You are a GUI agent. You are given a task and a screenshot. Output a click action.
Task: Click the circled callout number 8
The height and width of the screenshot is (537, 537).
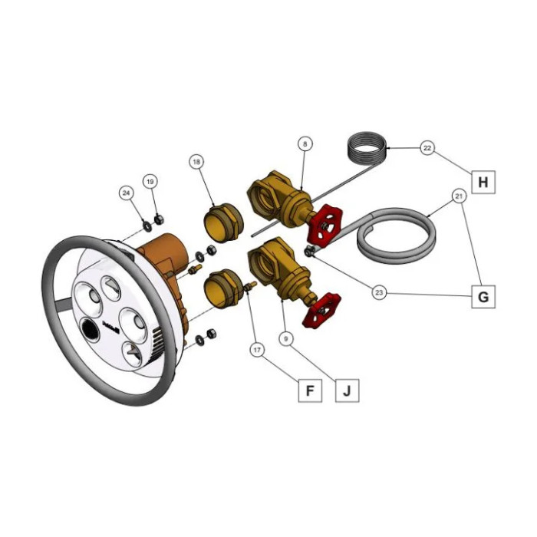305,144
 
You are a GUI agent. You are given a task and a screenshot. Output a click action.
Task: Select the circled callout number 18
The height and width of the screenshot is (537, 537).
196,162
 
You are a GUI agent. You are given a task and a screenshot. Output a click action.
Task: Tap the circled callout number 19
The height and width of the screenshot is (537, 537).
150,182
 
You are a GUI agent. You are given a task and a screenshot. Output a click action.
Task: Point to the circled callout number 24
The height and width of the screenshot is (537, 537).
127,193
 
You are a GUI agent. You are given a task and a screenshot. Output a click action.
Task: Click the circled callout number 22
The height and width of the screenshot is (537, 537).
427,148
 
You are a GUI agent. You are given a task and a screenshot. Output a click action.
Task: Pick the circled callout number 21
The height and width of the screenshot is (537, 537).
459,196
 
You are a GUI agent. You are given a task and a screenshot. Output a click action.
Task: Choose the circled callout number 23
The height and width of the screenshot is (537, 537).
379,292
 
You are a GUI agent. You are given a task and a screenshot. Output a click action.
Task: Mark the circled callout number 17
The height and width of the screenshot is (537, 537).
257,350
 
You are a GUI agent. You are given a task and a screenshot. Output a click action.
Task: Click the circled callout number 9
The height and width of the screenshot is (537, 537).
286,339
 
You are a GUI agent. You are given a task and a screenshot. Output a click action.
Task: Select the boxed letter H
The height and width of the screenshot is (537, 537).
483,182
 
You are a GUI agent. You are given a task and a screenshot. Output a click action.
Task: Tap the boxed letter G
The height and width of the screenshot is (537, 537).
483,297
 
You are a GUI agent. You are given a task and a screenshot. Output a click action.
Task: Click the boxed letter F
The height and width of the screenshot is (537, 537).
310,390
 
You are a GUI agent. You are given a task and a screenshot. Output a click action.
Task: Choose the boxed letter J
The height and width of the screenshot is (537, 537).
347,390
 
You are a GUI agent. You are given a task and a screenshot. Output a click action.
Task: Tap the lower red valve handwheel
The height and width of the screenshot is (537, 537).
322,310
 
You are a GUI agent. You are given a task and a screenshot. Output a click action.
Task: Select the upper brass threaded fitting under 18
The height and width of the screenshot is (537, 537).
224,222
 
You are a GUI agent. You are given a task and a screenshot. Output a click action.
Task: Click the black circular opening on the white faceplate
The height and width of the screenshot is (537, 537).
90,330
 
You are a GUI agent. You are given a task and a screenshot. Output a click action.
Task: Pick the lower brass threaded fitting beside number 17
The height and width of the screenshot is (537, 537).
223,288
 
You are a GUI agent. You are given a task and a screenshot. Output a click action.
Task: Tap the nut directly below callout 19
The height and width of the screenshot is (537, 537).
159,219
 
